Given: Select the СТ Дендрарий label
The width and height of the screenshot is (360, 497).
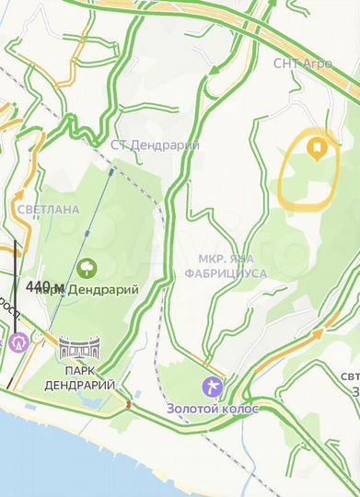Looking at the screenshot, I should tap(143, 144).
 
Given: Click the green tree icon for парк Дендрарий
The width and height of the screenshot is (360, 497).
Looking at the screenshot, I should tap(88, 268).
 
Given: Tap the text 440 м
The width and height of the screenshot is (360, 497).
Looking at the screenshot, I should tap(45, 287).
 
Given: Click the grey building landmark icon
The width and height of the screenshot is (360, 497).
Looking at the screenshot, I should tap(77, 348).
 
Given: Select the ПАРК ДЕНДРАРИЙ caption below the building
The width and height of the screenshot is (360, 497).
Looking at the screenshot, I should tap(78, 377).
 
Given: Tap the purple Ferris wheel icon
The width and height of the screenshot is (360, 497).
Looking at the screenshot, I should tap(18, 340).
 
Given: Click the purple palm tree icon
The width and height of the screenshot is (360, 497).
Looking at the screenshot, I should tap(212, 384).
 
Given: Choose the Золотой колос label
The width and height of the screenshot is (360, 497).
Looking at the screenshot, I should tap(213, 407).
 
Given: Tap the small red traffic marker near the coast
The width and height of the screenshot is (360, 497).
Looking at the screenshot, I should tap(129, 402).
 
